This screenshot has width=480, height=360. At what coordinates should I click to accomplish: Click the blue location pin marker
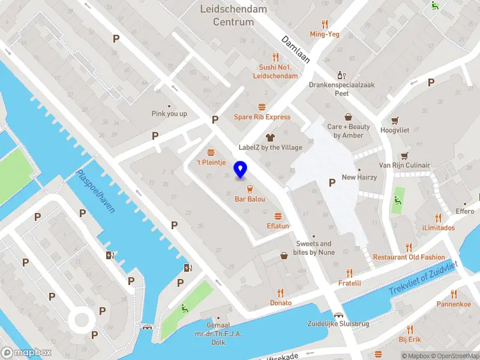[x=241, y=170]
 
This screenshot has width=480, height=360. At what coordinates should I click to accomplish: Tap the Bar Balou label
[x=250, y=199]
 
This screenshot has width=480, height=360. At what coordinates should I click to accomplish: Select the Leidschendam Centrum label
[x=233, y=16]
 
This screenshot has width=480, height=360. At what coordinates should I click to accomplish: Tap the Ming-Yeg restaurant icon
[x=325, y=24]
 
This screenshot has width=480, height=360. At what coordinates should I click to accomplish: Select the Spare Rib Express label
[x=262, y=117]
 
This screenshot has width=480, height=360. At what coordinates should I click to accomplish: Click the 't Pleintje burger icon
[x=211, y=152]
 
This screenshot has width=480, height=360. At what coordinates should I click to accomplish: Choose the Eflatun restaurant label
[x=278, y=226]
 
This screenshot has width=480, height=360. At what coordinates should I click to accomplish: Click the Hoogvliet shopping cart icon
[x=395, y=120]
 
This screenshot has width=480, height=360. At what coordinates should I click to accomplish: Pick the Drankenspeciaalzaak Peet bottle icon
[x=341, y=75]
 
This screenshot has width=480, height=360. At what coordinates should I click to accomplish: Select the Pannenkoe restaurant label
[x=454, y=304]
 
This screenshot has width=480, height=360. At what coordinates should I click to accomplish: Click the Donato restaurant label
[x=280, y=303]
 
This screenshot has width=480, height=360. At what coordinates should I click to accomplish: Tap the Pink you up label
[x=169, y=113]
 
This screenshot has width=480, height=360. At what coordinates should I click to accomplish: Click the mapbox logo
[x=26, y=353]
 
